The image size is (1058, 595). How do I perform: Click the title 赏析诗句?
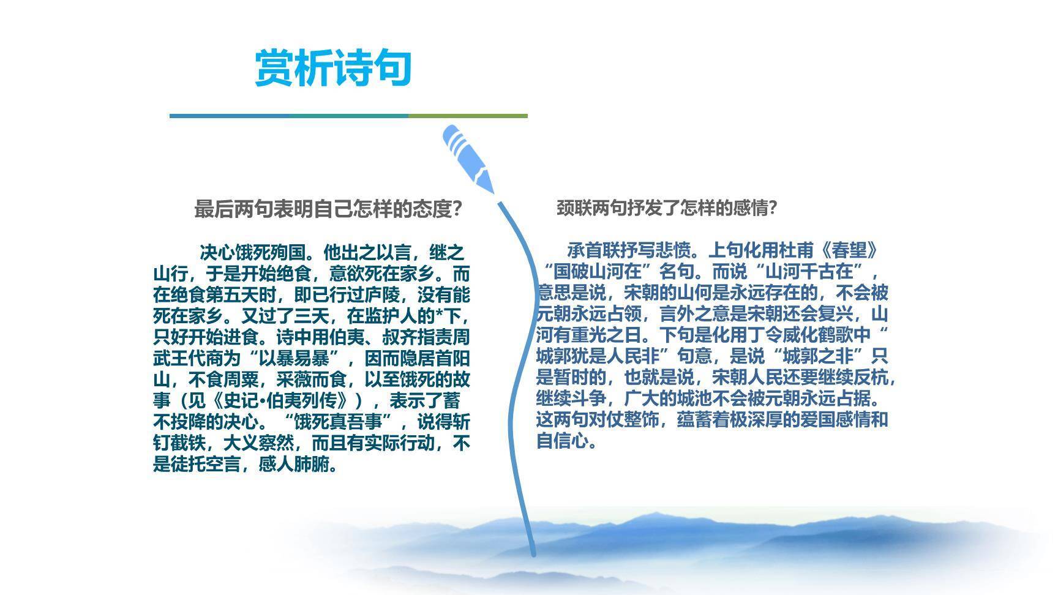pyautogui.click(x=332, y=68)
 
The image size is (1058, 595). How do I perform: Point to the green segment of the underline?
pyautogui.click(x=467, y=116)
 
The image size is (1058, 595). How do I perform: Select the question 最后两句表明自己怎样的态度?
pyautogui.click(x=328, y=209)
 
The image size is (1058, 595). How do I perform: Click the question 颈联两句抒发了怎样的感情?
pyautogui.click(x=667, y=208)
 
